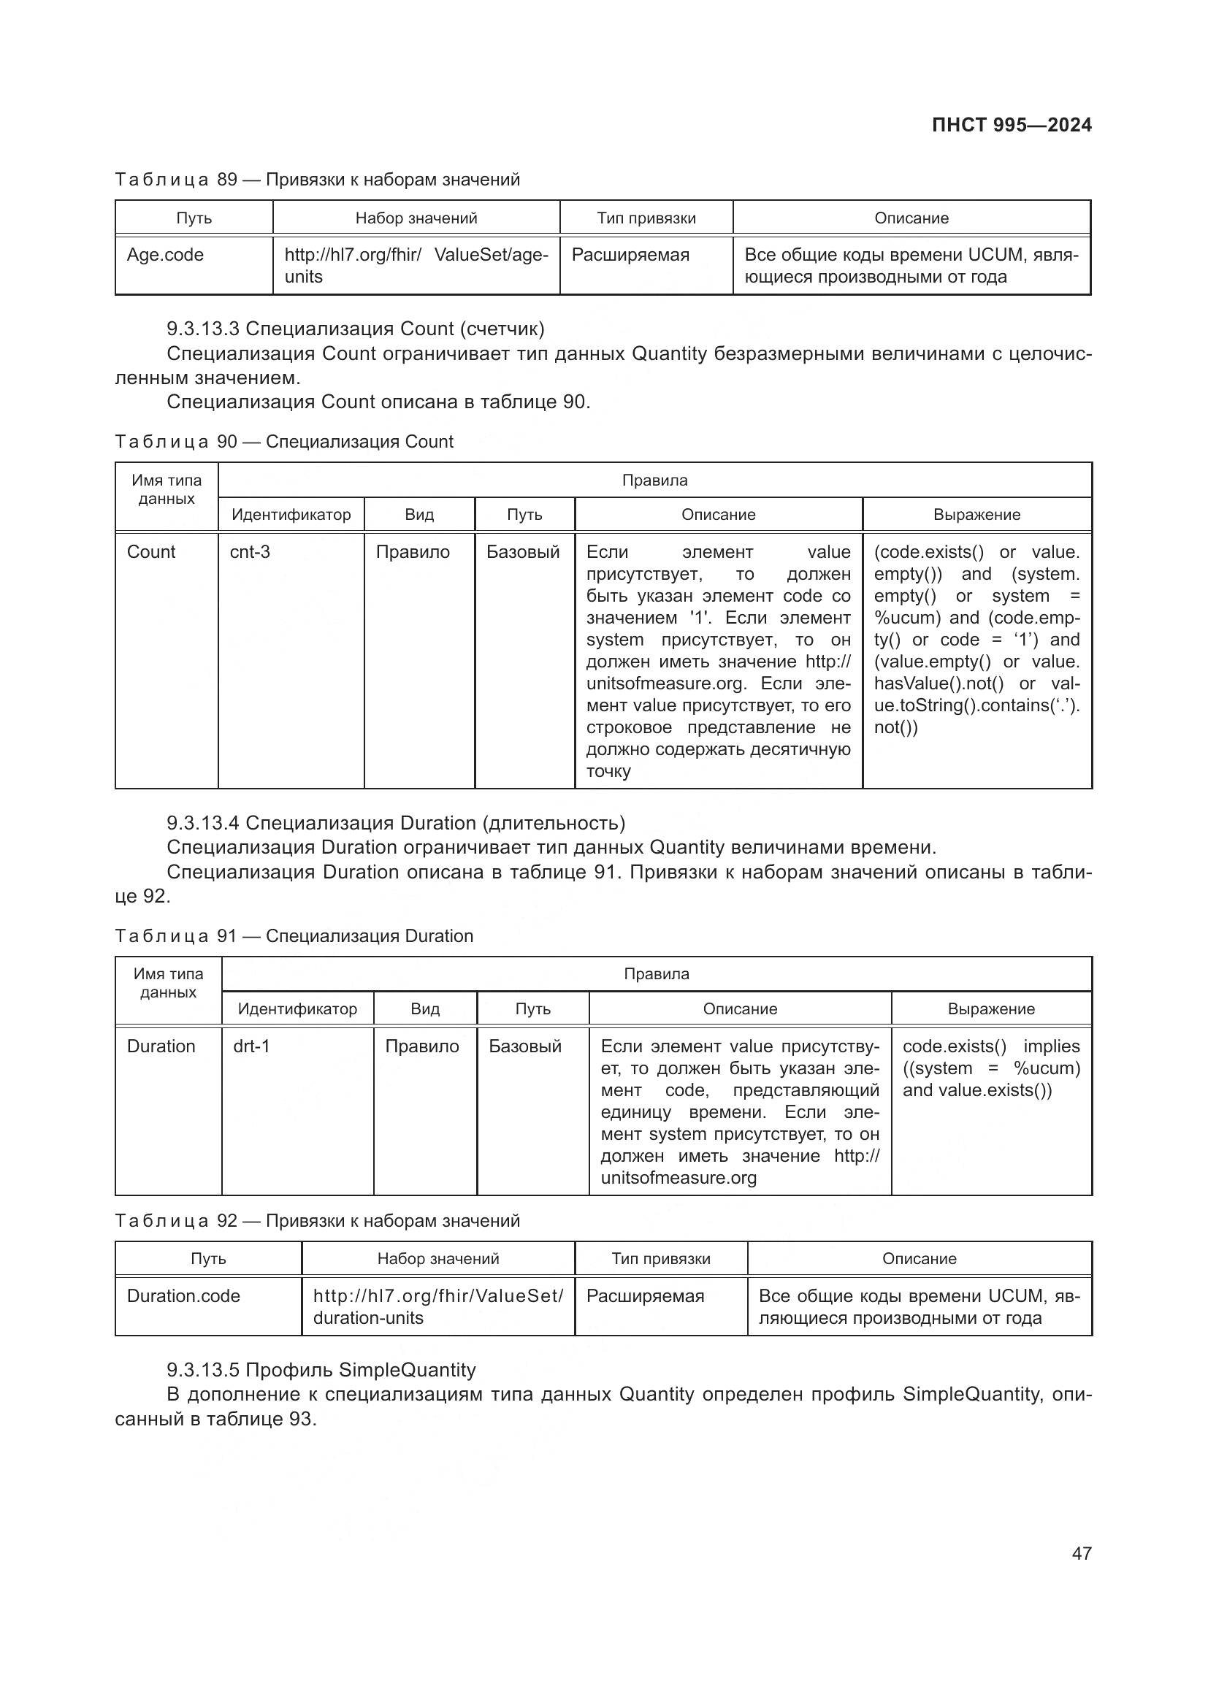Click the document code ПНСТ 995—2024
click(1011, 125)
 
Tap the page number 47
click(1082, 1553)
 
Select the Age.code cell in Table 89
click(165, 255)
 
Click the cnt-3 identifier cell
click(250, 552)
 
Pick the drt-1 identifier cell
click(251, 1046)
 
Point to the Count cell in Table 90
click(151, 552)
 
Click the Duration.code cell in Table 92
click(183, 1296)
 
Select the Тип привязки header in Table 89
click(646, 218)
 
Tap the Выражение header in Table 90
click(976, 515)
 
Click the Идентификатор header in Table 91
click(297, 1008)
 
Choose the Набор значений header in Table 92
click(437, 1259)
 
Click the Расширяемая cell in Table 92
click(645, 1296)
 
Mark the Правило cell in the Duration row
click(421, 1046)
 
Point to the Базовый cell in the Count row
click(523, 552)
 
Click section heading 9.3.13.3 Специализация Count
click(356, 329)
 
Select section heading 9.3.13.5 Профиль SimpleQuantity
click(321, 1369)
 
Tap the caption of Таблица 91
click(294, 936)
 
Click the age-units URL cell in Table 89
click(416, 266)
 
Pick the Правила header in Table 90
click(654, 480)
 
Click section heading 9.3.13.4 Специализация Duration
click(396, 823)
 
